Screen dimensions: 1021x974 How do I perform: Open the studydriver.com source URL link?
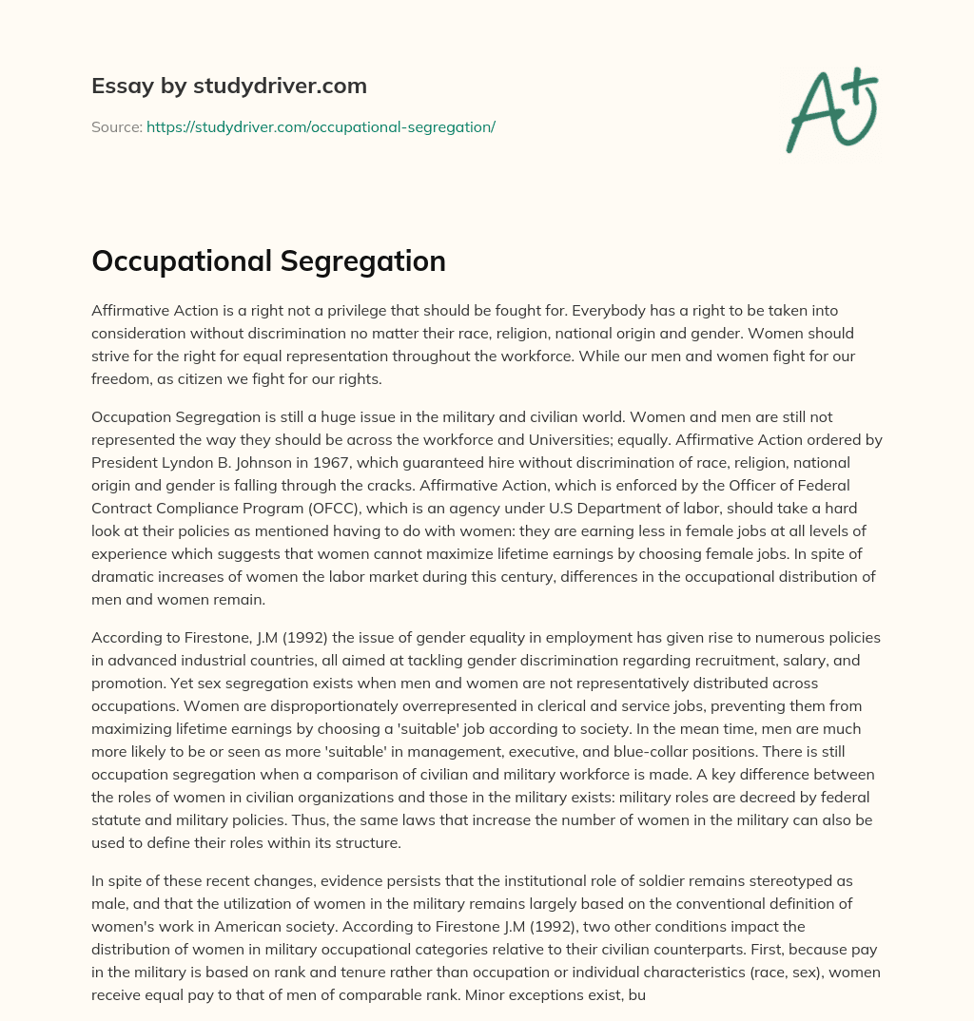(321, 126)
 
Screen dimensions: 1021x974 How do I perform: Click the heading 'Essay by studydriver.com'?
(229, 86)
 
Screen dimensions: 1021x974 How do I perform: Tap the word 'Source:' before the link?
(116, 126)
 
